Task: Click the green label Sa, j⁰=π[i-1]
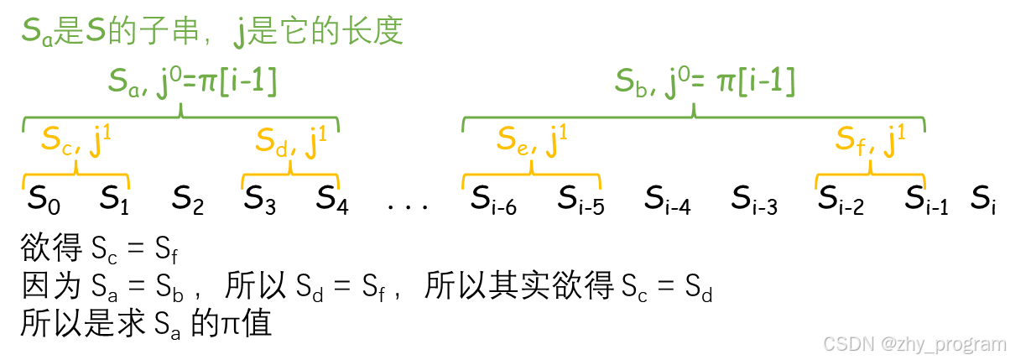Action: (x=192, y=81)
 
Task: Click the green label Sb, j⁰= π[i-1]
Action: (x=705, y=81)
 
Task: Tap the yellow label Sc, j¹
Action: (x=75, y=141)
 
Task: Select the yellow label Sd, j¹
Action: (x=290, y=141)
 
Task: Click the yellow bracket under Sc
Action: (x=75, y=175)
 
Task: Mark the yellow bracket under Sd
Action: (x=290, y=175)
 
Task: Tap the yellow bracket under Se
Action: (x=531, y=175)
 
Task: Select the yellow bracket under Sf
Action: (x=870, y=175)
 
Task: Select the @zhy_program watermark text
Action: (x=942, y=342)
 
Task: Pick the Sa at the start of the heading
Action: (x=37, y=33)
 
